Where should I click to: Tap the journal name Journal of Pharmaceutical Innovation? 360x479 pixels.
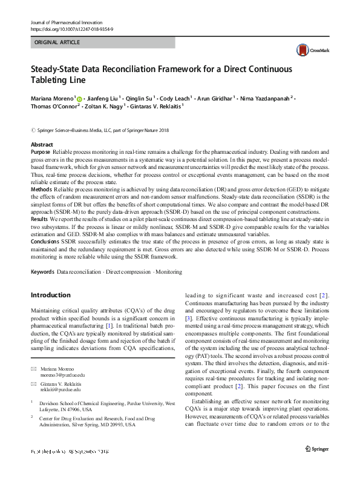pyautogui.click(x=70, y=22)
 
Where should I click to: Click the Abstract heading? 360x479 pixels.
pyautogui.click(x=42, y=145)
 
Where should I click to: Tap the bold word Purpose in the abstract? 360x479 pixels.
pyautogui.click(x=41, y=151)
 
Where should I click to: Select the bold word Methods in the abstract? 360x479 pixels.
pyautogui.click(x=41, y=189)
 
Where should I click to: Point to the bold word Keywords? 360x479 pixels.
pyautogui.click(x=42, y=273)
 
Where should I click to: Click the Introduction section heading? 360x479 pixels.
pyautogui.click(x=50, y=295)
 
